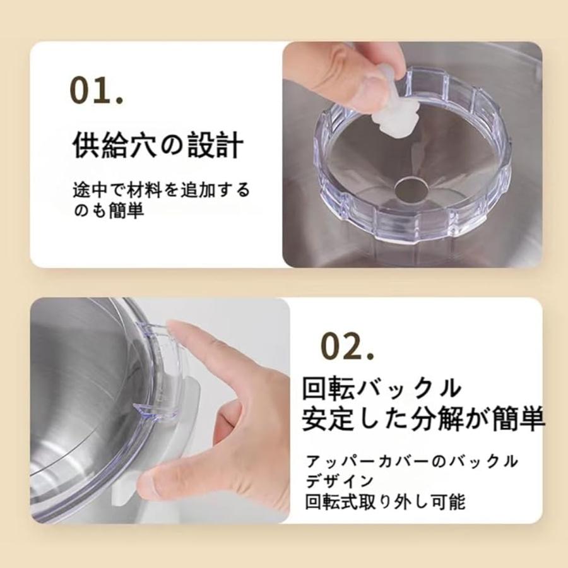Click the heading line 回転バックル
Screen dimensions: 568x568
point(381,389)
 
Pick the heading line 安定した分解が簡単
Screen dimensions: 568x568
point(423,420)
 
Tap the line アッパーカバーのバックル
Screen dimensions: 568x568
point(411,461)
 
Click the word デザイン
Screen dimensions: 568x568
point(339,482)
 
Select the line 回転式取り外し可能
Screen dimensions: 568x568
point(385,502)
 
